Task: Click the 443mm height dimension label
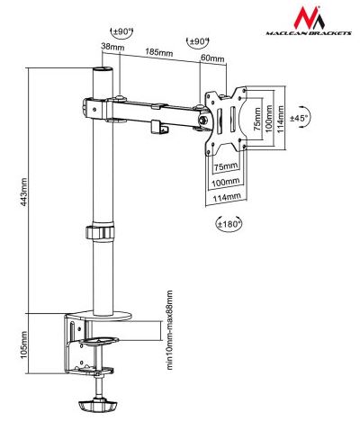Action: point(23,192)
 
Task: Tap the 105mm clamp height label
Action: point(23,345)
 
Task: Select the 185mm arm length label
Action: point(159,52)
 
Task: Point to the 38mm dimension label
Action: point(112,47)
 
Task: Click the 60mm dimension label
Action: point(212,58)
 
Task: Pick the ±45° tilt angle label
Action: point(300,118)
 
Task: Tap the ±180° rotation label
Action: point(229,224)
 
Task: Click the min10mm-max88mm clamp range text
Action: point(169,330)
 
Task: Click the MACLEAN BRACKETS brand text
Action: point(309,33)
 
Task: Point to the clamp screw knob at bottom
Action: point(97,406)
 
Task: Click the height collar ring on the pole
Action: point(101,231)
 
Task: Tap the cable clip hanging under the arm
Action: point(159,127)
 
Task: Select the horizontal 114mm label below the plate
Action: point(227,197)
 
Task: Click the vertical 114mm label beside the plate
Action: point(281,120)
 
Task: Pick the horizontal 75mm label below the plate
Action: point(226,166)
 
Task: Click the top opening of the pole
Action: point(103,69)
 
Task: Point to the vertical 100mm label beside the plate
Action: point(269,119)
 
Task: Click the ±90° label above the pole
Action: point(122,31)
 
